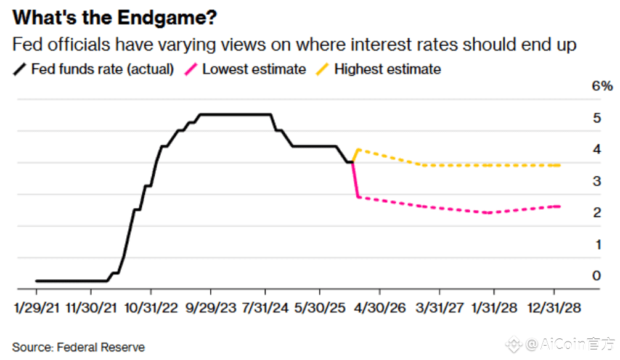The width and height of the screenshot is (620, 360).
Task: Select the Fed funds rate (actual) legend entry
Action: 102,69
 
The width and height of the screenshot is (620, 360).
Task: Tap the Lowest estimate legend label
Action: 253,69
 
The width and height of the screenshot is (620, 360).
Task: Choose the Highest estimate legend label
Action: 387,69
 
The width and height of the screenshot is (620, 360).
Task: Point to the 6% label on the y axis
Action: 602,86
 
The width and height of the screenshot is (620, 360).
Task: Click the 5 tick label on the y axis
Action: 597,118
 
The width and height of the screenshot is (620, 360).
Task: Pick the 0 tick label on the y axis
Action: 597,276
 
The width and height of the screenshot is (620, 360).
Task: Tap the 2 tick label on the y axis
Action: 597,213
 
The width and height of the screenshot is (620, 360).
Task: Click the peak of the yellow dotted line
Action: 358,149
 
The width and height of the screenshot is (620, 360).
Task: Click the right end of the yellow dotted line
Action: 559,165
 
